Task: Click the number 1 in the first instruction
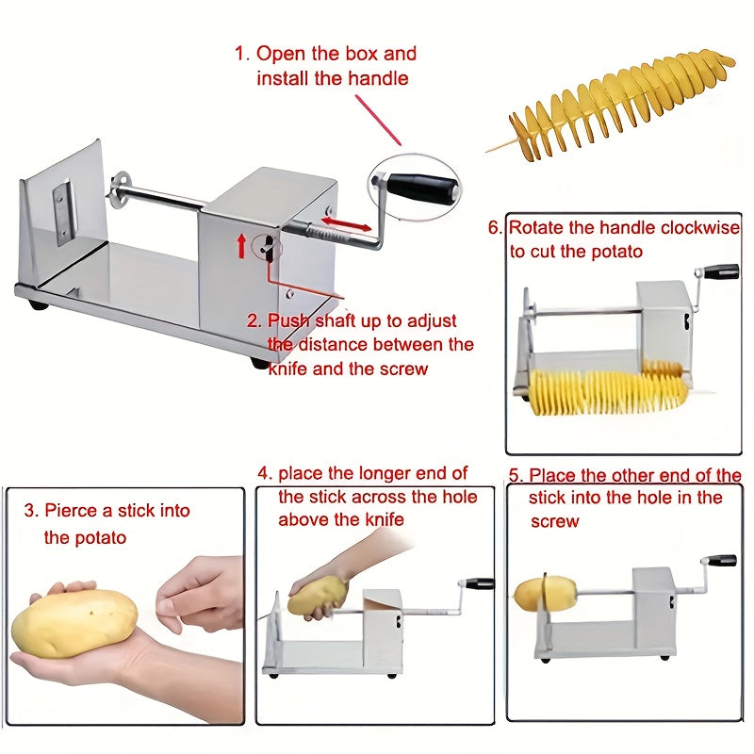pos(239,54)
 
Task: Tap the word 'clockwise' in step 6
pos(694,228)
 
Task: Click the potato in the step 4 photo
pos(317,596)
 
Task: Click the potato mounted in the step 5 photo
pos(546,595)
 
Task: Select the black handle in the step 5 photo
pos(722,561)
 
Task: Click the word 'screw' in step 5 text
pos(555,521)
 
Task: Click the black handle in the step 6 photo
pos(723,272)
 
